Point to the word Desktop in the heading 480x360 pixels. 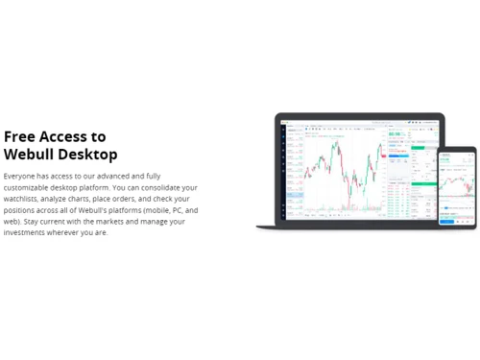(x=88, y=154)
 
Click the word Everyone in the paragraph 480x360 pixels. (x=20, y=176)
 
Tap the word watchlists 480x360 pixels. (x=22, y=199)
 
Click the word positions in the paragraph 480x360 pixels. (x=21, y=210)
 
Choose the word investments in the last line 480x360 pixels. (x=27, y=233)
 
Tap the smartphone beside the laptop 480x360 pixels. (x=457, y=188)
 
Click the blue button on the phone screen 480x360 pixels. (x=447, y=222)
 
